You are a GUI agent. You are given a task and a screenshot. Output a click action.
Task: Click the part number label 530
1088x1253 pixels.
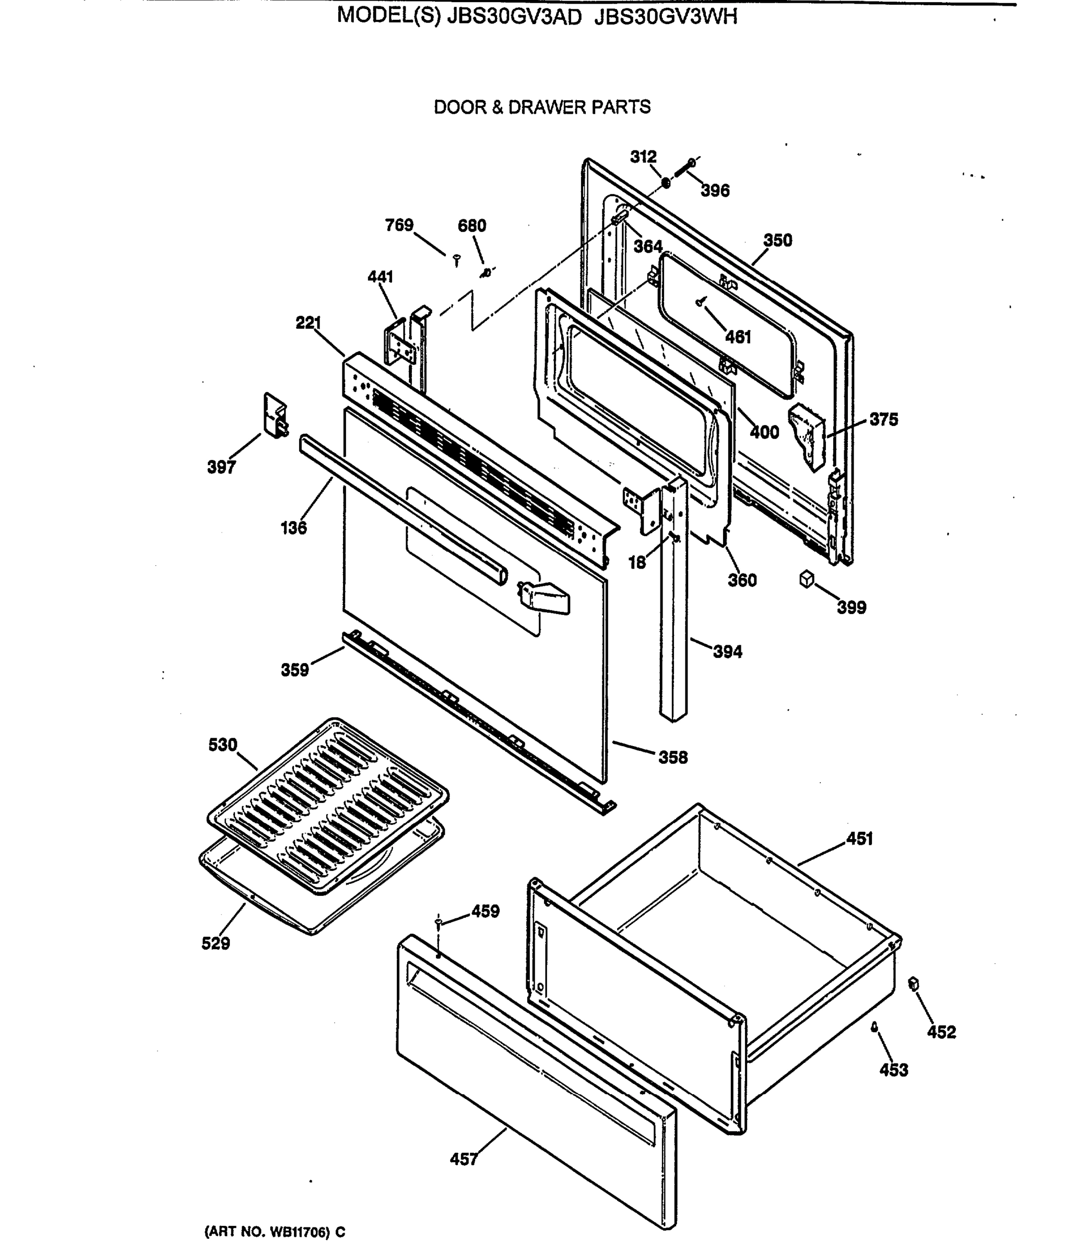click(x=222, y=745)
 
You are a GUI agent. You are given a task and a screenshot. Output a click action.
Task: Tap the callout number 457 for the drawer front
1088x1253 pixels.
click(x=463, y=1159)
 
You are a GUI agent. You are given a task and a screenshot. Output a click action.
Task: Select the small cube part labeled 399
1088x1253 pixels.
click(x=806, y=579)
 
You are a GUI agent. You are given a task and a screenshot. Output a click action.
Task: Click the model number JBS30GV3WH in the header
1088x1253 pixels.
click(x=666, y=16)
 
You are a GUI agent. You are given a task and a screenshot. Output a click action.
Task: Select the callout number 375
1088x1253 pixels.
click(x=883, y=419)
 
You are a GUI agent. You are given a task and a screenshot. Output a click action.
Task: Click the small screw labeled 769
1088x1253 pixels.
click(x=457, y=261)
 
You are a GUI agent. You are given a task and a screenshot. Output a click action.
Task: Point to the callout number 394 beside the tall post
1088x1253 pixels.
click(x=727, y=652)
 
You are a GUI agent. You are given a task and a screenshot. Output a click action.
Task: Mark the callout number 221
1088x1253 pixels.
click(x=309, y=323)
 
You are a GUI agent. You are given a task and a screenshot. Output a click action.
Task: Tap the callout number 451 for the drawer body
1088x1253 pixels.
click(x=859, y=839)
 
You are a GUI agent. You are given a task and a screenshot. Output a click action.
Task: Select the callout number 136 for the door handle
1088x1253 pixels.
click(x=293, y=527)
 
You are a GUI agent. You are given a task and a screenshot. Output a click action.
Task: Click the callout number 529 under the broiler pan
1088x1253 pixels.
click(x=216, y=943)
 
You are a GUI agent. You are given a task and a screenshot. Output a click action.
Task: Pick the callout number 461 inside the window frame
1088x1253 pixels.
click(x=738, y=337)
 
